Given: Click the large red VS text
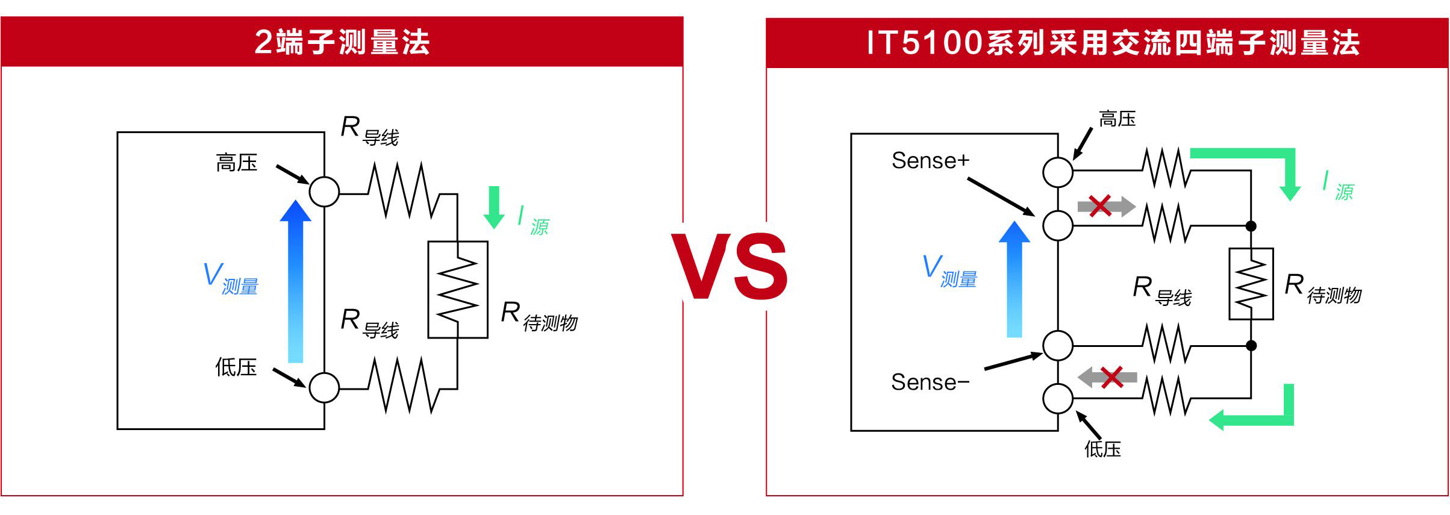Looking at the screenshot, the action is click(730, 266).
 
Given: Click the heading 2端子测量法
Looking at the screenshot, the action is click(342, 42).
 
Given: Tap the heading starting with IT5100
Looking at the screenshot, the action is click(1113, 43).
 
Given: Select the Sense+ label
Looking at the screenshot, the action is click(931, 160).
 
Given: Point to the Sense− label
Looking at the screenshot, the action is click(930, 382).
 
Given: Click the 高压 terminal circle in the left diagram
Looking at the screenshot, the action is click(324, 192).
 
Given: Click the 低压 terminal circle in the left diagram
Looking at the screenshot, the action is click(324, 387).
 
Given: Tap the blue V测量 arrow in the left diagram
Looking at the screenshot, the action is click(295, 281).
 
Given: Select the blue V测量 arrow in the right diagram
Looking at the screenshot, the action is click(1014, 279).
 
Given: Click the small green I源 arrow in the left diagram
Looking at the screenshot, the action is click(494, 207).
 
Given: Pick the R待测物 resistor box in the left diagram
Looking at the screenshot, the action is click(458, 290).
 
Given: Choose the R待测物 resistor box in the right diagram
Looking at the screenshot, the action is click(1251, 284).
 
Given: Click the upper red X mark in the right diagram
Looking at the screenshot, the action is click(1100, 206).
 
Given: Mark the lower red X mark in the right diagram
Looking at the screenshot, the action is click(1111, 377).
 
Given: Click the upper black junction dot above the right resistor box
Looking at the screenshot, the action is click(1251, 226).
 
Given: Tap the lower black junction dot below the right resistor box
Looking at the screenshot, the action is click(1251, 346).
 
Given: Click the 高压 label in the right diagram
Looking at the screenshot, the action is click(1117, 119).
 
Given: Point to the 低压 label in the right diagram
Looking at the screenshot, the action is click(1102, 449).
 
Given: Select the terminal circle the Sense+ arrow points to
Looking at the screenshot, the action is click(1058, 226).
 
